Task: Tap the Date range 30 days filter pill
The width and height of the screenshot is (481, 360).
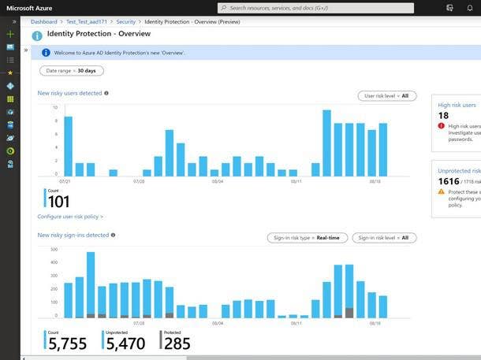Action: coord(71,71)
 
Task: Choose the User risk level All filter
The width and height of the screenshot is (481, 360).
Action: coord(386,96)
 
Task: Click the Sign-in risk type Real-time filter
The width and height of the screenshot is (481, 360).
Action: coord(307,238)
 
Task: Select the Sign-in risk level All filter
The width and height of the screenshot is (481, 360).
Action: coord(384,238)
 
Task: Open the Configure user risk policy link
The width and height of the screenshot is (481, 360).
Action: coord(70,217)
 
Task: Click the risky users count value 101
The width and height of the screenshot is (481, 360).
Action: coord(58,202)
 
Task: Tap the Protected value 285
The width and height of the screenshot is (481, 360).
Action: coord(177,343)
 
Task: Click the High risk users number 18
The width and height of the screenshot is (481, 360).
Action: coord(443,116)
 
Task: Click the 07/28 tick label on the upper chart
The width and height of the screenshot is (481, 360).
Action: coord(139,180)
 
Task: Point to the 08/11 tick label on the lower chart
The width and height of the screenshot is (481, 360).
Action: coord(296,323)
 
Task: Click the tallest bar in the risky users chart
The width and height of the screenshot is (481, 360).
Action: coord(326,143)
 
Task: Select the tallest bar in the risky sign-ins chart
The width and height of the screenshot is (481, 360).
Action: coord(91,284)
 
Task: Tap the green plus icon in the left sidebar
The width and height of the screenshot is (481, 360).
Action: coord(10,35)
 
